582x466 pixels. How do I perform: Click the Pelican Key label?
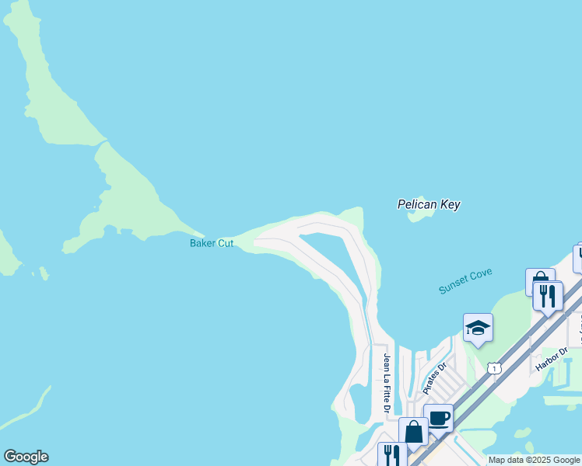coord(429,205)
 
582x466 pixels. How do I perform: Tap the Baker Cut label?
coord(212,243)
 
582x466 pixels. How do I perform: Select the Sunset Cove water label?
coord(465,282)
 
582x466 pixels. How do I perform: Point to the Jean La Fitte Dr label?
coord(386,384)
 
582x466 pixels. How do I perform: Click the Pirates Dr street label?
coord(433,378)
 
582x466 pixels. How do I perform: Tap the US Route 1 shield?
coord(495,367)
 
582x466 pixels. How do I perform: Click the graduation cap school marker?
coord(478,328)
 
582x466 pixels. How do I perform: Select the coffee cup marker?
coord(438,418)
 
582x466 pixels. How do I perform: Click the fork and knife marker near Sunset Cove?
coord(548,296)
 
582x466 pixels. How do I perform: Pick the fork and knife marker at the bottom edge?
coord(391,455)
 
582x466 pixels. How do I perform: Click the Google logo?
coord(26,457)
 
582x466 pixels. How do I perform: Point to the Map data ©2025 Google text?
coord(535,461)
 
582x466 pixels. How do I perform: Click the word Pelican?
coord(415,205)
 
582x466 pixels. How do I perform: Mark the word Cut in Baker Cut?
coord(225,243)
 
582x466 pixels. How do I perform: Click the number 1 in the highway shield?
coord(495,367)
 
